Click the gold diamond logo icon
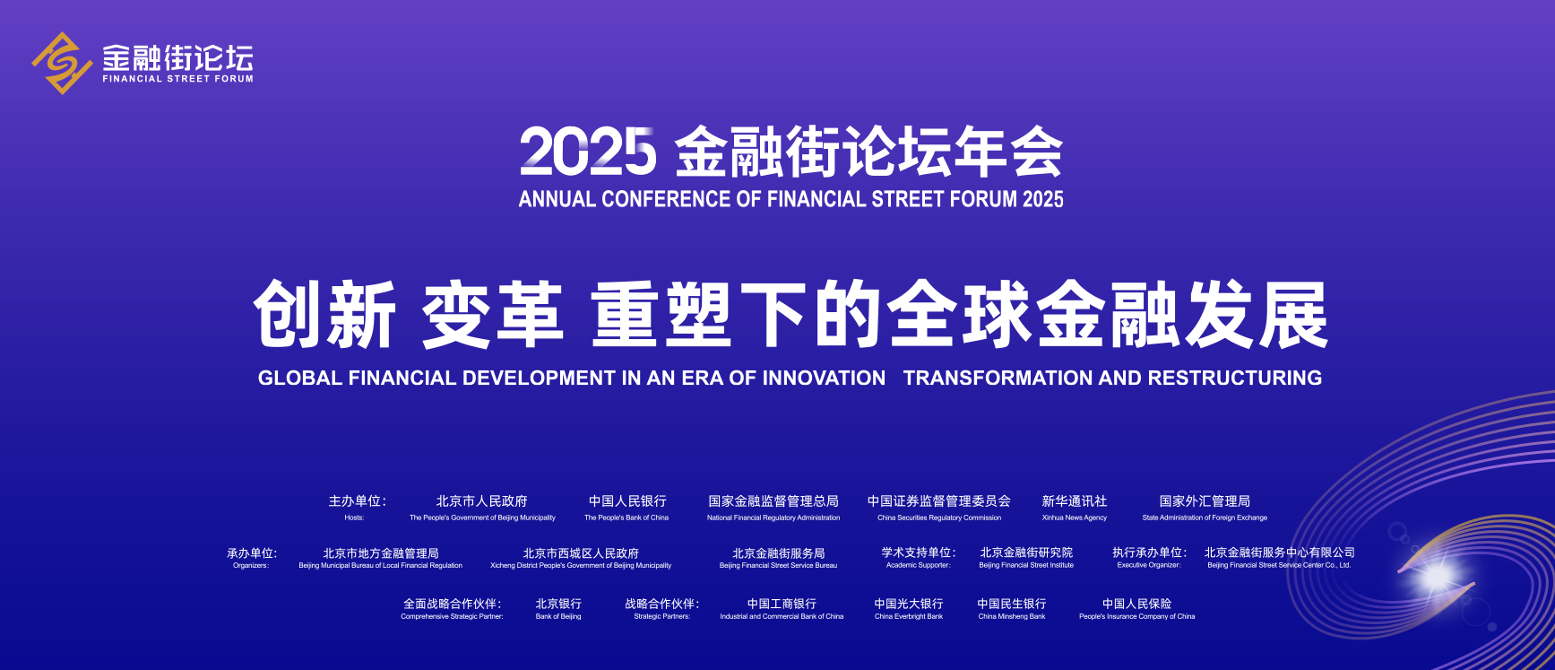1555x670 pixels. click(x=62, y=63)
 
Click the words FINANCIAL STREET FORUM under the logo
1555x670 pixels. click(x=177, y=79)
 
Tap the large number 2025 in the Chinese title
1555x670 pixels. click(x=588, y=152)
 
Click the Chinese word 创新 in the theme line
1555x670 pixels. click(x=324, y=314)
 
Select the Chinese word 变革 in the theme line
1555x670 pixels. click(x=492, y=314)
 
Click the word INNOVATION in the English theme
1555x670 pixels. click(x=823, y=378)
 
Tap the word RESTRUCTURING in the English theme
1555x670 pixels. click(x=1234, y=378)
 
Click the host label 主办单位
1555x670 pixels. click(x=357, y=501)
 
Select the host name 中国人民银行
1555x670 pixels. click(x=627, y=501)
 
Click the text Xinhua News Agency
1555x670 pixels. click(x=1074, y=518)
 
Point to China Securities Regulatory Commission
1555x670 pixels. click(x=939, y=518)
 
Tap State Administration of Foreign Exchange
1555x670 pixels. click(x=1205, y=518)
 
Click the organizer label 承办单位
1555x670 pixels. click(x=252, y=553)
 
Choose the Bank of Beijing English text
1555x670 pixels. click(x=558, y=616)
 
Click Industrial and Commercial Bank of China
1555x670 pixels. click(x=782, y=616)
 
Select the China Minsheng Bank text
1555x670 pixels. click(x=1012, y=616)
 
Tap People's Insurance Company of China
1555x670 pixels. click(x=1136, y=616)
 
